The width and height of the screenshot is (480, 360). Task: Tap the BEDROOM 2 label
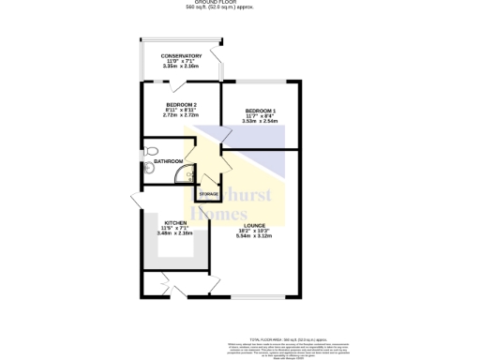tap(181, 104)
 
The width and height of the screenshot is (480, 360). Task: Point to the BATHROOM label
tap(169, 161)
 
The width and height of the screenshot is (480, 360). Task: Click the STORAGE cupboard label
tap(208, 194)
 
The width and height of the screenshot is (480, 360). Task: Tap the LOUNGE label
tap(255, 225)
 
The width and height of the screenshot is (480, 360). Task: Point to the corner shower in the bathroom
tap(187, 175)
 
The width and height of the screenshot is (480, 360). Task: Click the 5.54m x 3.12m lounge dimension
tap(255, 236)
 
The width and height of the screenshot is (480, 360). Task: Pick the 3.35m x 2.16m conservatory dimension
tap(181, 66)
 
